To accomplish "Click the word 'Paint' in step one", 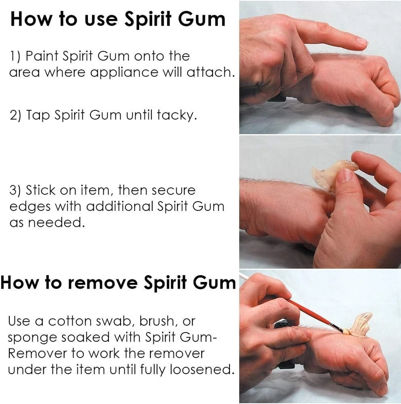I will (x=41, y=56).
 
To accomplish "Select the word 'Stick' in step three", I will (x=42, y=190).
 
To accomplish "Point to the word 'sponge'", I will (x=32, y=338).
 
